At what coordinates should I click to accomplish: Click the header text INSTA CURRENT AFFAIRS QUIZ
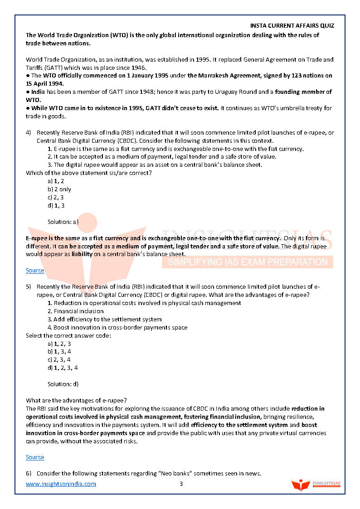[x=292, y=26]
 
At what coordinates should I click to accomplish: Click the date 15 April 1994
[x=45, y=84]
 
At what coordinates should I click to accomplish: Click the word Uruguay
[x=201, y=92]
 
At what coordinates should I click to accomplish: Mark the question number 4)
[x=29, y=133]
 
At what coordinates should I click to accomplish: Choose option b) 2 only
[x=59, y=189]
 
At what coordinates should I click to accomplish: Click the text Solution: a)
[x=63, y=222]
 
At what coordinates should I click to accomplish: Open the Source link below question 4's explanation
[x=35, y=271]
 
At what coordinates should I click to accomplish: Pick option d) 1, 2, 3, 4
[x=63, y=368]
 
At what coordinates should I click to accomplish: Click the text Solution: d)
[x=63, y=384]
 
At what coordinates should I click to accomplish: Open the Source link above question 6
[x=35, y=457]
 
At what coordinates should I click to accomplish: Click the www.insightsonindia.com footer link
[x=61, y=484]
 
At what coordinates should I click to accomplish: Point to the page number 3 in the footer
[x=181, y=484]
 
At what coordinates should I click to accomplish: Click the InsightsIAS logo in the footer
[x=316, y=485]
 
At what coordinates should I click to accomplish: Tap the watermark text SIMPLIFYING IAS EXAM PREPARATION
[x=247, y=262]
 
